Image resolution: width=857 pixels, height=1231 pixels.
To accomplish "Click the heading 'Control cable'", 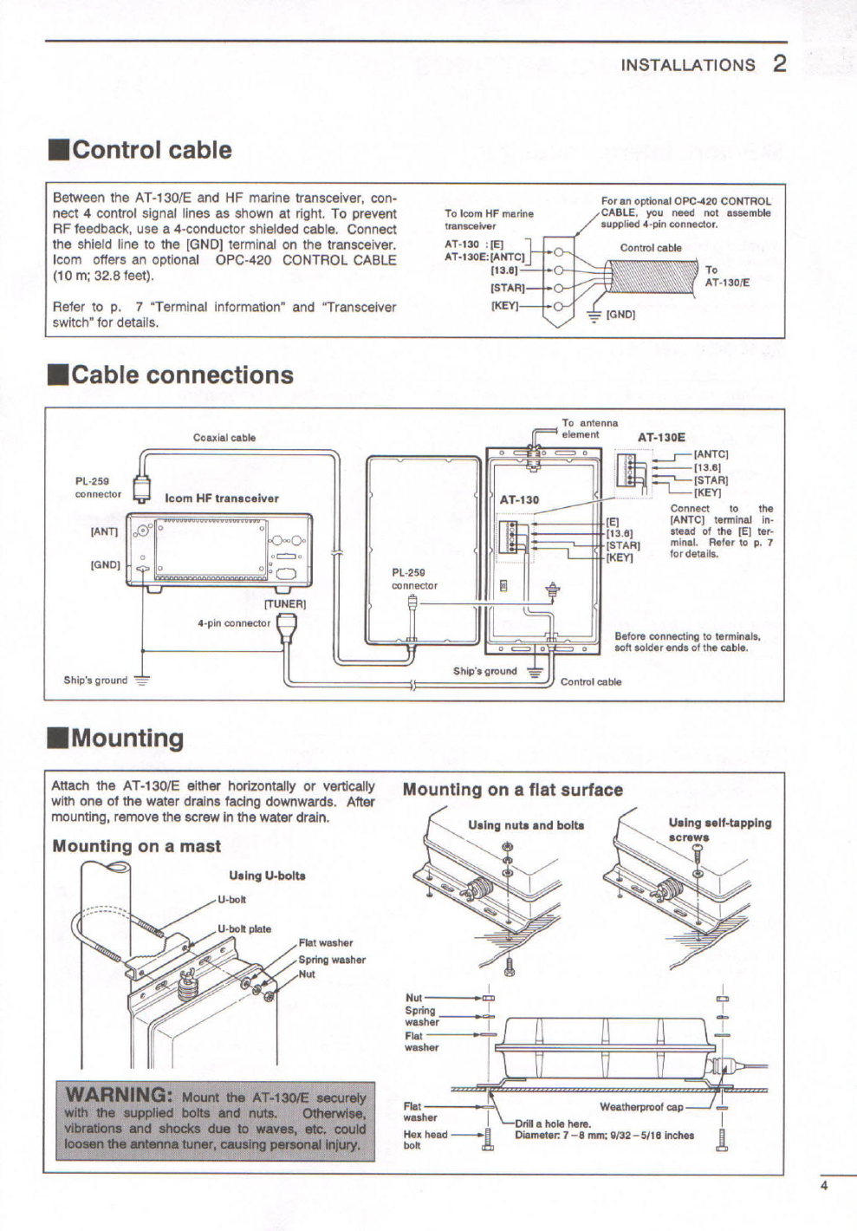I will point(152,150).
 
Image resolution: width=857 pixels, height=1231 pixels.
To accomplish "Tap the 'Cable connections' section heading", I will point(182,375).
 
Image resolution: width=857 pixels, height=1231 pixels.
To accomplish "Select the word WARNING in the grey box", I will point(120,1094).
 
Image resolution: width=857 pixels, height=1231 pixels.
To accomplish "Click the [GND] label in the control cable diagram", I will point(620,315).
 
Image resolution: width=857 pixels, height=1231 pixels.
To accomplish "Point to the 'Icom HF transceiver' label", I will point(222,498).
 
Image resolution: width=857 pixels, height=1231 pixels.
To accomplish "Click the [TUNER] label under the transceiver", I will point(285,603).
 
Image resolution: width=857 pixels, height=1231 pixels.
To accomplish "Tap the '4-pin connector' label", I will point(234,622).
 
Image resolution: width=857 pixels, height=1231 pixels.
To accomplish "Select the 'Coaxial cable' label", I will point(224,438).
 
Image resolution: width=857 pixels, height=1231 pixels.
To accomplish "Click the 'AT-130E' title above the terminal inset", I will point(661,438).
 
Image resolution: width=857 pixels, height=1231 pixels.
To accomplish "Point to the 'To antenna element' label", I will point(589,428).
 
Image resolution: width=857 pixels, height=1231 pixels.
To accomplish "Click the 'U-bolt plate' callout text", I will point(244,928).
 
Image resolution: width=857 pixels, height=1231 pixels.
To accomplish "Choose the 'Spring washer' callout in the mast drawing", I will point(332,960).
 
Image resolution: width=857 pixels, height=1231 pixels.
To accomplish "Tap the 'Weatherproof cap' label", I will point(641,1107).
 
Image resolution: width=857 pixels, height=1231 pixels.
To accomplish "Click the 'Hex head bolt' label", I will point(425,1139).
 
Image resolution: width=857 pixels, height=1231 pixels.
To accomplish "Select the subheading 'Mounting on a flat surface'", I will point(513,790).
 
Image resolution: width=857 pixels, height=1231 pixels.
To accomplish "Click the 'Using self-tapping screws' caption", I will point(719,830).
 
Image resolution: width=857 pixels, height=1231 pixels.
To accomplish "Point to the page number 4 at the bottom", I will point(823,1187).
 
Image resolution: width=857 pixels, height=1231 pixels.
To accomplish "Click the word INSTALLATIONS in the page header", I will point(688,65).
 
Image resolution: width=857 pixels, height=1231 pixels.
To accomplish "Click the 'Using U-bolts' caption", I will point(267,876).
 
